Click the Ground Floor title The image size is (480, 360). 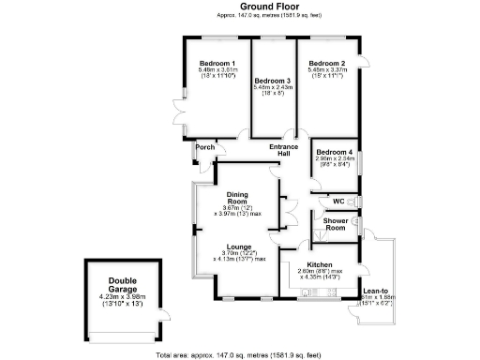point(242,6)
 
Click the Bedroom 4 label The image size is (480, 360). point(335,152)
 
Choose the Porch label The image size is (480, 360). point(204,148)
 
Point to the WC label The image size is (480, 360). point(337,202)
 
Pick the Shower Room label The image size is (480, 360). point(336,225)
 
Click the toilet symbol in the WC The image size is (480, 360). point(354,202)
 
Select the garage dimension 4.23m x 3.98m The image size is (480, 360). point(122,297)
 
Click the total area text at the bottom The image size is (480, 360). point(242,355)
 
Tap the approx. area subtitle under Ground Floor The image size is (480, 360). point(242,16)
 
